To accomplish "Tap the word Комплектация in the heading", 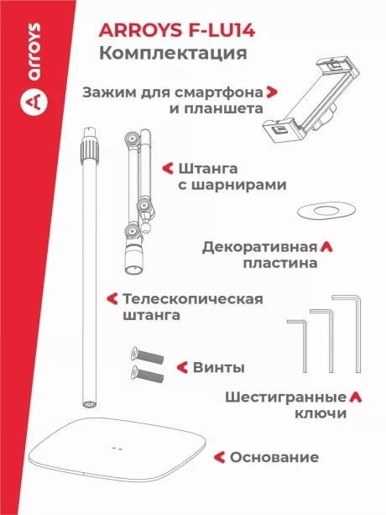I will tap(172, 55).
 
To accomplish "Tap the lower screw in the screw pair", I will tap(145, 370).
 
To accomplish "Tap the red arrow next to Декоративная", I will tap(326, 248).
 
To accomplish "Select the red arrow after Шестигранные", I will tap(355, 397).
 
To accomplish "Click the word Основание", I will tap(274, 458).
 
